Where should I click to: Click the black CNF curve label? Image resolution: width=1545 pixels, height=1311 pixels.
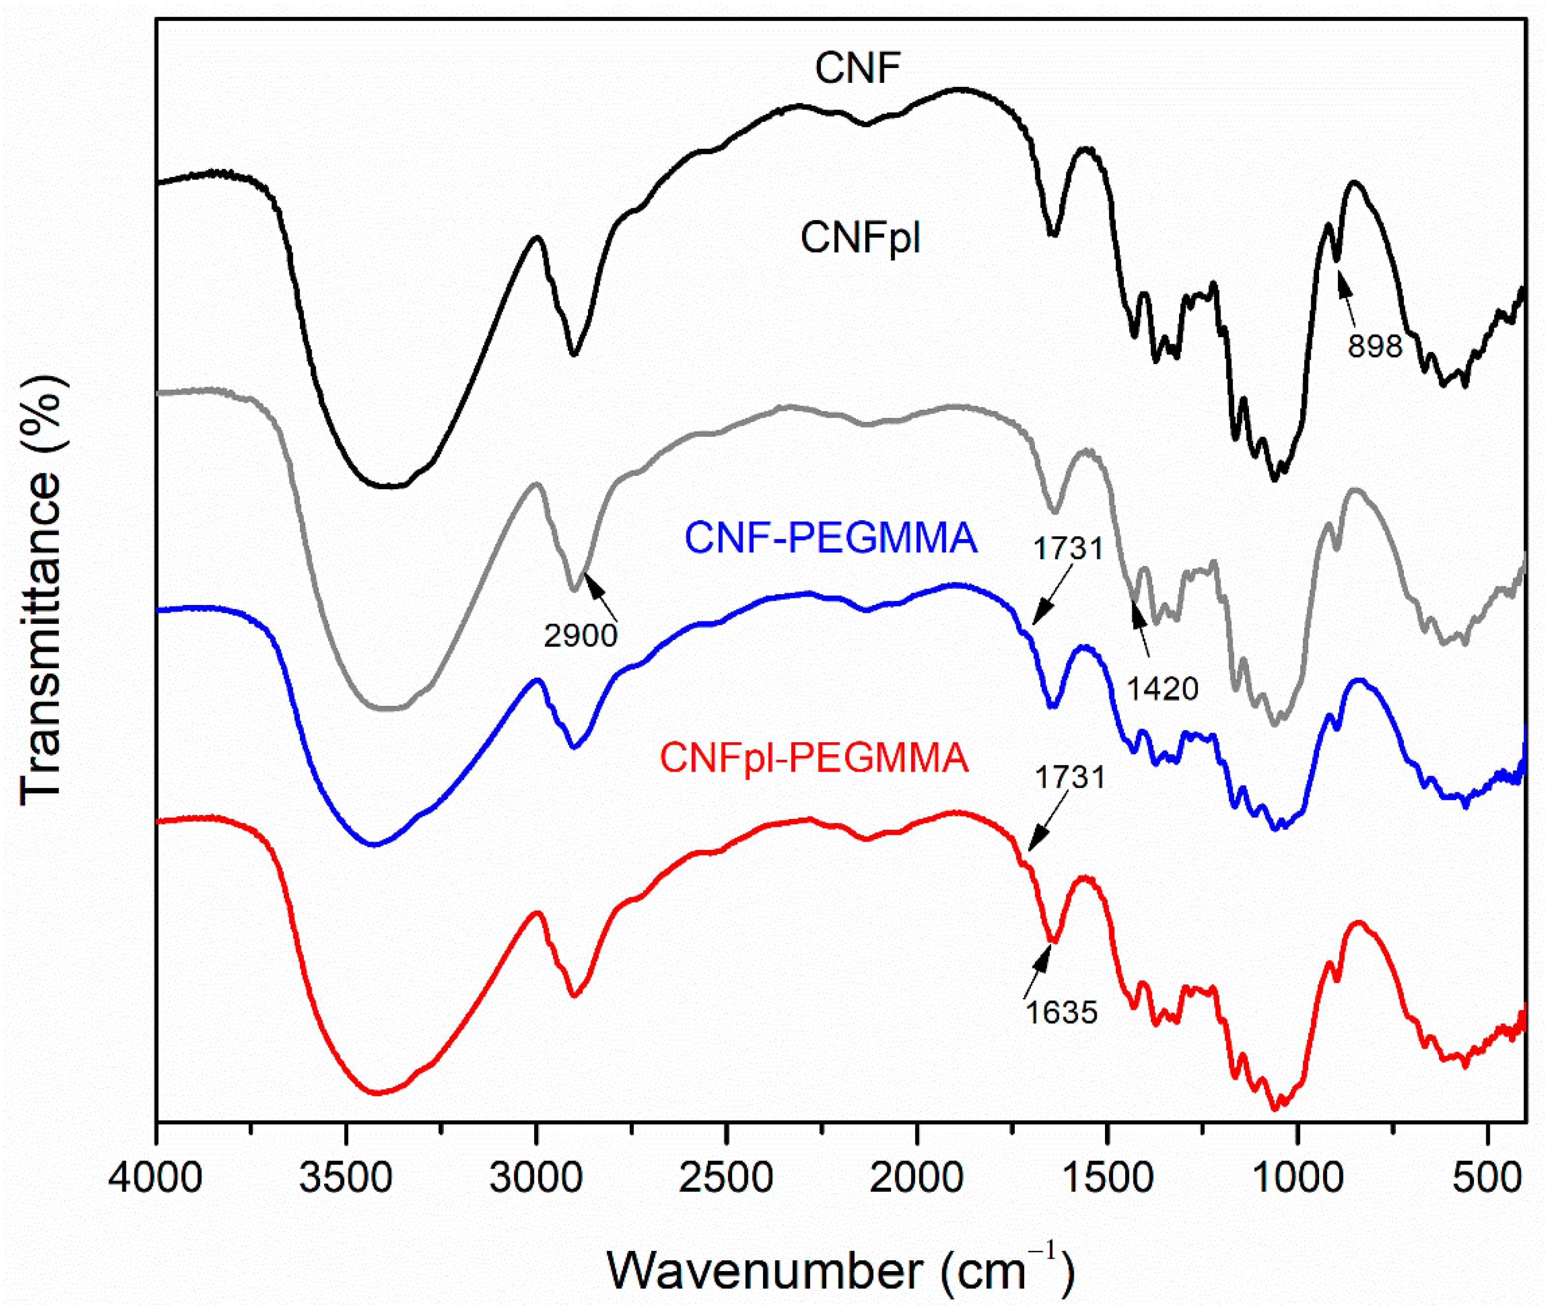[x=857, y=69]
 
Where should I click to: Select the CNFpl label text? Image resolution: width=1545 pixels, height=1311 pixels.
[x=860, y=239]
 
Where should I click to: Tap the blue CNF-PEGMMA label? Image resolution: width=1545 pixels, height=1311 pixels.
[x=831, y=538]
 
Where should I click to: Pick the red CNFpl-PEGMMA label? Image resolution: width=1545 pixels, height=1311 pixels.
[x=814, y=758]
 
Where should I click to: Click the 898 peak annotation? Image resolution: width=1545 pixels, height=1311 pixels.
[x=1375, y=346]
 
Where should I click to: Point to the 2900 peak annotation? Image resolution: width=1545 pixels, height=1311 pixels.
[x=581, y=636]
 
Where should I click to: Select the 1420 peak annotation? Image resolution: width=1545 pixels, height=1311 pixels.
[x=1163, y=689]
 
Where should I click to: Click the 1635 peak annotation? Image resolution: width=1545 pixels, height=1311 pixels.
[x=1062, y=1012]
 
